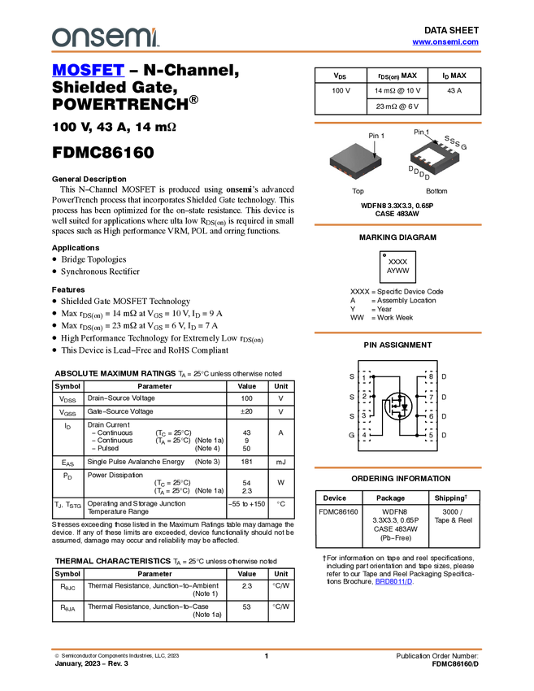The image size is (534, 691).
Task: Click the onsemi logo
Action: click(105, 37)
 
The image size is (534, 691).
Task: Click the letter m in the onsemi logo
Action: click(138, 37)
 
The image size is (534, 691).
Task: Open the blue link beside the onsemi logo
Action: click(445, 42)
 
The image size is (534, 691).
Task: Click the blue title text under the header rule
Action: click(88, 71)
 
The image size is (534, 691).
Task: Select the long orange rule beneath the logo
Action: click(267, 52)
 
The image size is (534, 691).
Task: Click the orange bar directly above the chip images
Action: click(397, 123)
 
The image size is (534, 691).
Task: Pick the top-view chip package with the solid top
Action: click(355, 162)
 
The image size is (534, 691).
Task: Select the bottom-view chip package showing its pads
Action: click(434, 158)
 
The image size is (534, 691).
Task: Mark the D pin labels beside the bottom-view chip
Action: click(415, 172)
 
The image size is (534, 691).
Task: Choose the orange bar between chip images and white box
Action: click(397, 224)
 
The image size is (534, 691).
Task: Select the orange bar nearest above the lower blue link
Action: click(397, 467)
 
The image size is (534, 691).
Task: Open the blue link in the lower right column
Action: click(394, 581)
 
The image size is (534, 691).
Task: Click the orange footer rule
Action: click(267, 650)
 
